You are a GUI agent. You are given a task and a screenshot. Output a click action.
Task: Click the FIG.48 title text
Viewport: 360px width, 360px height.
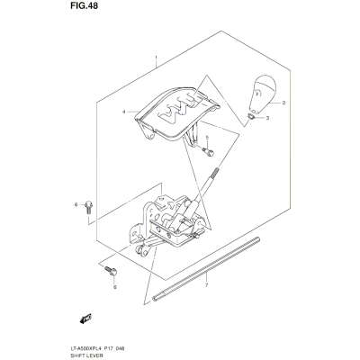85,6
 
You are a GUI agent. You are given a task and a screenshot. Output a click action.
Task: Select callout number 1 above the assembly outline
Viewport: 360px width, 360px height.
156,58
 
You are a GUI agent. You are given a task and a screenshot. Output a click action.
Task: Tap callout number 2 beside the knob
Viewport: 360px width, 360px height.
283,103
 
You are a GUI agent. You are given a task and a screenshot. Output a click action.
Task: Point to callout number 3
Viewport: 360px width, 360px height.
267,118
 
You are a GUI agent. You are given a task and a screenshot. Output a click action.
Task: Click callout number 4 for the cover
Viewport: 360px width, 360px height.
124,112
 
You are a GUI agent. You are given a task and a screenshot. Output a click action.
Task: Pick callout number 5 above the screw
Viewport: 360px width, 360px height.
207,138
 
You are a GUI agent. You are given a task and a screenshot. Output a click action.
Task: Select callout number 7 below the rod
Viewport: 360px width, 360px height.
206,285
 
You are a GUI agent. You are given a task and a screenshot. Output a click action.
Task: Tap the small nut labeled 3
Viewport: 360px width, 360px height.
252,116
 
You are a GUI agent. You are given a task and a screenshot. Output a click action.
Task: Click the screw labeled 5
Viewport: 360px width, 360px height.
208,151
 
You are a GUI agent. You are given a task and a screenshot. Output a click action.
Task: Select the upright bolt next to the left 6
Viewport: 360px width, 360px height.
89,208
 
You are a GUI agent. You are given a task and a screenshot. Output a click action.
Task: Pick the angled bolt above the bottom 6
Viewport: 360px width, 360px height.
111,270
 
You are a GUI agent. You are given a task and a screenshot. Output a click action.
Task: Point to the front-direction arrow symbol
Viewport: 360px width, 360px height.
85,318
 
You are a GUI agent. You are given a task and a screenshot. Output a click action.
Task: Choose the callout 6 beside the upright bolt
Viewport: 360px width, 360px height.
76,205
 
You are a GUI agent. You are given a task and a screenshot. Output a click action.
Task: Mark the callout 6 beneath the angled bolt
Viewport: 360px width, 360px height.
114,287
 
